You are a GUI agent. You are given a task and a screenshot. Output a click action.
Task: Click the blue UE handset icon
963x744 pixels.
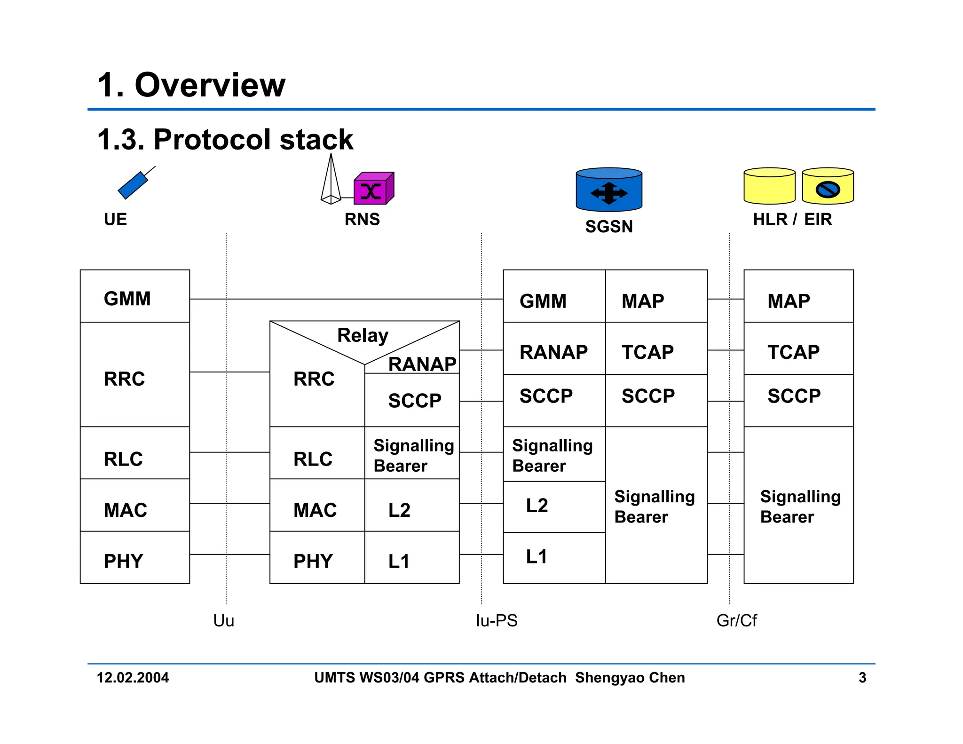tap(134, 185)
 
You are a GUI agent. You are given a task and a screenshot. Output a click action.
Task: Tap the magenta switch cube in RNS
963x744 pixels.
tap(372, 190)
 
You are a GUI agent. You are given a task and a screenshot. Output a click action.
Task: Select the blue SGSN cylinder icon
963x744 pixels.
tap(608, 190)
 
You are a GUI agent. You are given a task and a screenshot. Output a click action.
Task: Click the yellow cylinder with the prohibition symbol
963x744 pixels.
tap(828, 187)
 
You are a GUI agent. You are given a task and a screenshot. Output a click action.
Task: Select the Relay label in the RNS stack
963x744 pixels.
tap(363, 335)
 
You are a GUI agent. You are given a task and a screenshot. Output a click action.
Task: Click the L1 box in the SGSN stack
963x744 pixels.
tap(554, 558)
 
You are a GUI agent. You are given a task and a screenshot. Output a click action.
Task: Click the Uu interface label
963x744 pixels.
tap(223, 620)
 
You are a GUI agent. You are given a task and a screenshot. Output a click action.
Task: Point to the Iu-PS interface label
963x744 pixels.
tap(496, 620)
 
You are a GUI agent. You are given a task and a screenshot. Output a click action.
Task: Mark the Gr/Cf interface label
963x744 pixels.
tap(736, 620)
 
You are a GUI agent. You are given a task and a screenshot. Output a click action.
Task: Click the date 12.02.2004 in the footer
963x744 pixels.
tap(133, 678)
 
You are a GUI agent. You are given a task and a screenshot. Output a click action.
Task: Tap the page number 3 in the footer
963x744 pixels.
tap(862, 678)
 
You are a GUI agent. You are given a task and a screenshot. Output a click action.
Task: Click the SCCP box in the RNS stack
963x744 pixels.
tap(412, 401)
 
